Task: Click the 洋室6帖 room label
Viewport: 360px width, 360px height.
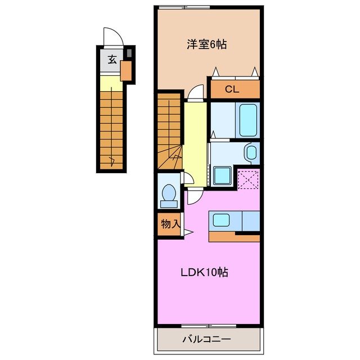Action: [x=207, y=44]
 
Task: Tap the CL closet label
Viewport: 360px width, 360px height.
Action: [x=232, y=89]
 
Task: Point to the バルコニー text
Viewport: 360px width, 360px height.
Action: [x=207, y=339]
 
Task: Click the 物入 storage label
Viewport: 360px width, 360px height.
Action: [x=169, y=223]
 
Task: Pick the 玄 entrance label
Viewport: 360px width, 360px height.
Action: [x=111, y=59]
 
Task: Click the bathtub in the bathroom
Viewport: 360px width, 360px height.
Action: [x=247, y=119]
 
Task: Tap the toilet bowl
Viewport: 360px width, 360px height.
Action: [x=168, y=192]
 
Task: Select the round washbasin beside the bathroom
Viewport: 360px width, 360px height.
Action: [x=251, y=152]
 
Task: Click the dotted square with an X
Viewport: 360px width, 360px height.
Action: [x=247, y=179]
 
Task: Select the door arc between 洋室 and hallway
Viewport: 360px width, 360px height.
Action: [x=195, y=92]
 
